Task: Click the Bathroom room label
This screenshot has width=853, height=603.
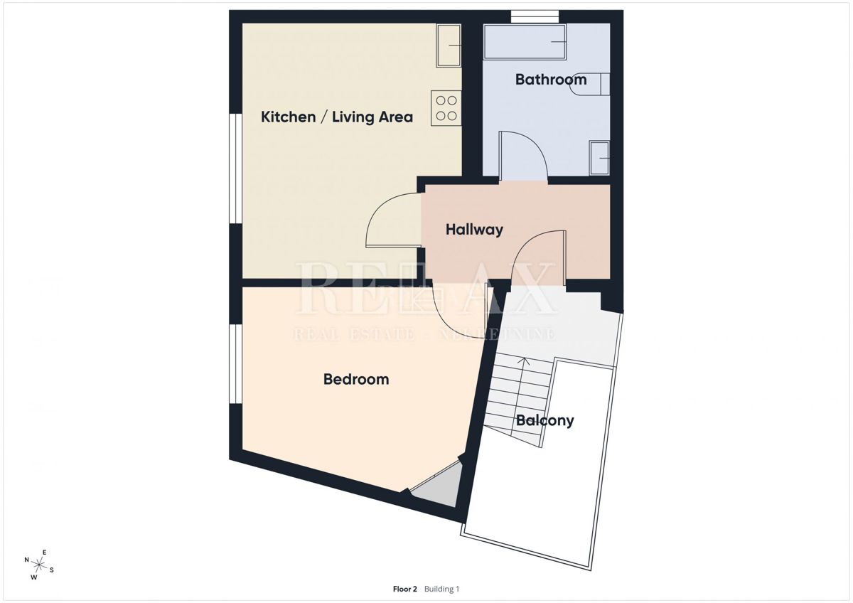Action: [x=550, y=80]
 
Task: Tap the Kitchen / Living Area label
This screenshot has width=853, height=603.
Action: [x=336, y=117]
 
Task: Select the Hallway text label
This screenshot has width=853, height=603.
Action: [x=474, y=230]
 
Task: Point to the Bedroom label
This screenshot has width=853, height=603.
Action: [x=355, y=379]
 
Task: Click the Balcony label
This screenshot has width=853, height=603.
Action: [x=544, y=420]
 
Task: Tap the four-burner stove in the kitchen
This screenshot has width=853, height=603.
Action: [x=446, y=108]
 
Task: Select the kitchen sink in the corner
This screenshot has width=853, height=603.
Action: [x=449, y=46]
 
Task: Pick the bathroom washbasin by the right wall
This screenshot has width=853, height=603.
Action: [x=599, y=157]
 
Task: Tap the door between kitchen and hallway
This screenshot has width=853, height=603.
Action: [x=392, y=220]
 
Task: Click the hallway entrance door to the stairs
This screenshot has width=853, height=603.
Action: [x=540, y=256]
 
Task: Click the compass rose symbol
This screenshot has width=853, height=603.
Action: [x=39, y=565]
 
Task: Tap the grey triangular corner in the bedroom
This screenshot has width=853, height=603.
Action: [x=439, y=488]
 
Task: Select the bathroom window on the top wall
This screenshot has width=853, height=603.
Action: [x=535, y=16]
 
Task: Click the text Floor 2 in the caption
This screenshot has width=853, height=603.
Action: [x=405, y=589]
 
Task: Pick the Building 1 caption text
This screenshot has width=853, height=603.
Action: [x=442, y=589]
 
